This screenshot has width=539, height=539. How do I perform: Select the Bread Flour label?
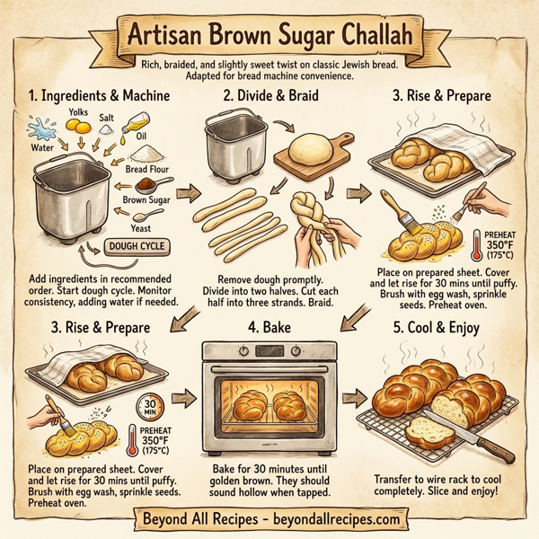[x=147, y=169]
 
